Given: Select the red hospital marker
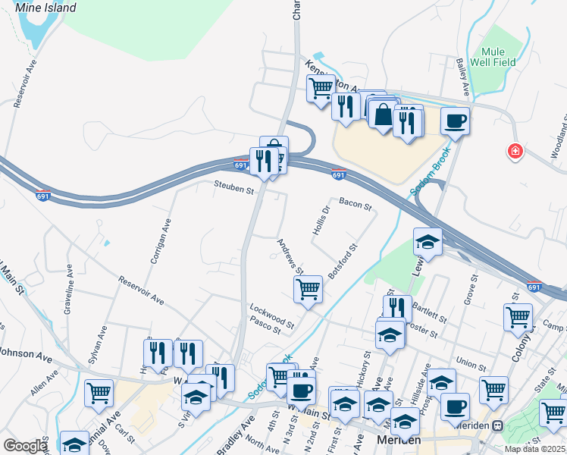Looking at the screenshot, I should [515, 152].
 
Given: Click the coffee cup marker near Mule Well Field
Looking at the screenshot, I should [455, 121].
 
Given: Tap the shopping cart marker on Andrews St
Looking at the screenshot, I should [308, 289].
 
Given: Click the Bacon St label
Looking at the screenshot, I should [355, 204].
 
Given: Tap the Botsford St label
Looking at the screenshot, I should [342, 260].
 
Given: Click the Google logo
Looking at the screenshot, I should [25, 446].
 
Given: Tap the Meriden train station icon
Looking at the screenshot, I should [498, 426].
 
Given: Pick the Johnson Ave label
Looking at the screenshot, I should [24, 353].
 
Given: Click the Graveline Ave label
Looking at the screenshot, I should [68, 289].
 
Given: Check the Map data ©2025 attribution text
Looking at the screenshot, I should [535, 449].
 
